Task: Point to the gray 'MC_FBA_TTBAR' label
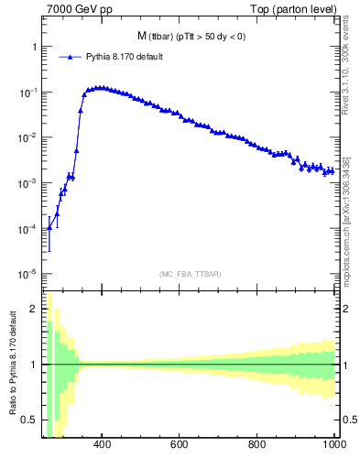coord(191,274)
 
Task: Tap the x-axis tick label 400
coord(102,445)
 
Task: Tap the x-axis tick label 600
coord(180,445)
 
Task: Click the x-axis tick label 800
coord(258,445)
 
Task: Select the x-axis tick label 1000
coord(334,445)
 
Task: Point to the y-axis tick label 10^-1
coord(28,93)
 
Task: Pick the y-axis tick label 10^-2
coord(28,137)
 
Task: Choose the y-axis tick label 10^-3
coord(28,183)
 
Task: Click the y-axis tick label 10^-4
coord(28,228)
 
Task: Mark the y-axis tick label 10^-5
coord(28,273)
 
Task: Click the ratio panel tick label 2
coord(34,309)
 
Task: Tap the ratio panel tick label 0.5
coord(30,420)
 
